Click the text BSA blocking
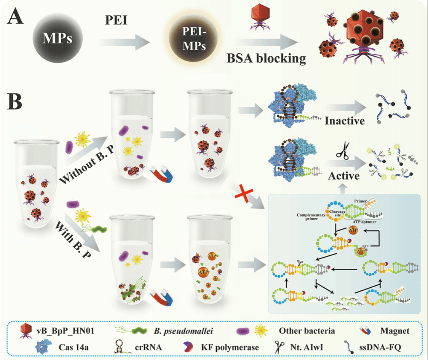point(267,58)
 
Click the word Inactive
point(345,121)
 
